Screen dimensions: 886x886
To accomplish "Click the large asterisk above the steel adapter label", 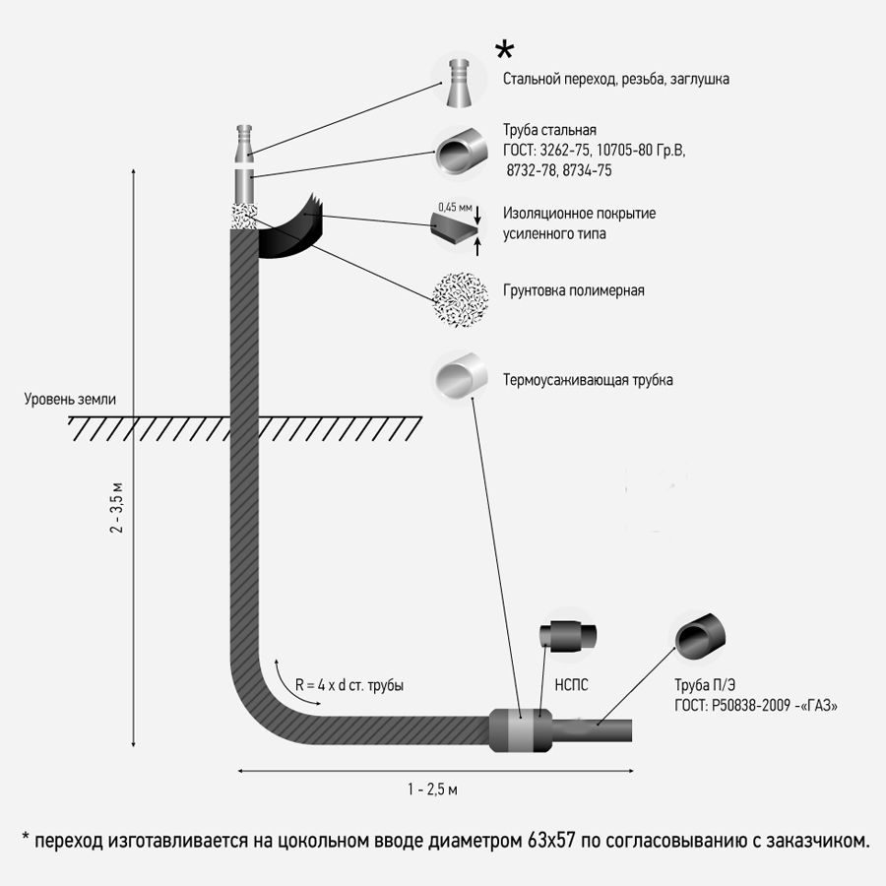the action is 504,50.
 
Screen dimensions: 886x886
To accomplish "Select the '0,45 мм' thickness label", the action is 455,208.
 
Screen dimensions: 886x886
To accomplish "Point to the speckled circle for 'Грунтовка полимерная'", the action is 460,297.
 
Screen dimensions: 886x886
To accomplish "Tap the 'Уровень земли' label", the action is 70,399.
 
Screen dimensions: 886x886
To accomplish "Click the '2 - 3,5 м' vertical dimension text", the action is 116,508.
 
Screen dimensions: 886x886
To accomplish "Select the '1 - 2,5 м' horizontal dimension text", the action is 433,790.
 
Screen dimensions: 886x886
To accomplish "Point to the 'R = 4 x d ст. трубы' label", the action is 349,685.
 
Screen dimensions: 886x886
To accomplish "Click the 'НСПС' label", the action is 571,685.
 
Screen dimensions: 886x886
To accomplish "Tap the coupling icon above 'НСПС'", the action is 568,635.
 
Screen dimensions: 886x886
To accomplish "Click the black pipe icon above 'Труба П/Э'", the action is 700,637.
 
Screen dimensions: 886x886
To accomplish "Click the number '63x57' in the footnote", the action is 551,841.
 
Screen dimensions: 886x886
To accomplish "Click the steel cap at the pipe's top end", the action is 244,143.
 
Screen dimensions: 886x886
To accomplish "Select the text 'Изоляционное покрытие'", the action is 579,214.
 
